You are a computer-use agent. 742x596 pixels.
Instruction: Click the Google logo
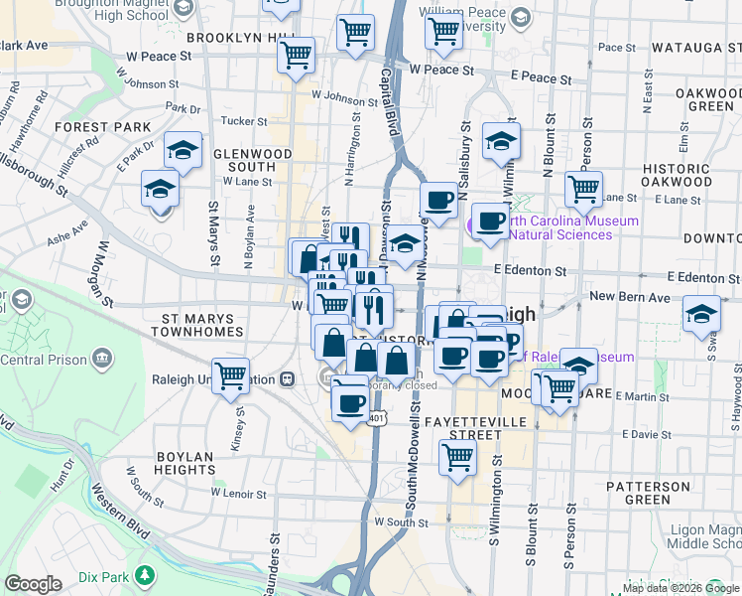[33, 584]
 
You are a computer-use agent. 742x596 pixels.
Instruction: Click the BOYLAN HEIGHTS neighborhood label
[185, 464]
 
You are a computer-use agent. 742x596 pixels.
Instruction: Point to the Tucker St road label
[238, 121]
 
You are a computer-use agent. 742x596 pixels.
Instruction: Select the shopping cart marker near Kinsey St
[230, 376]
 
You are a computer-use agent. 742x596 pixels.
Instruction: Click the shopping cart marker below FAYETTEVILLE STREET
[457, 458]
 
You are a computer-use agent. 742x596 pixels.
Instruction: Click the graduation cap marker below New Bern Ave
[701, 313]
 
